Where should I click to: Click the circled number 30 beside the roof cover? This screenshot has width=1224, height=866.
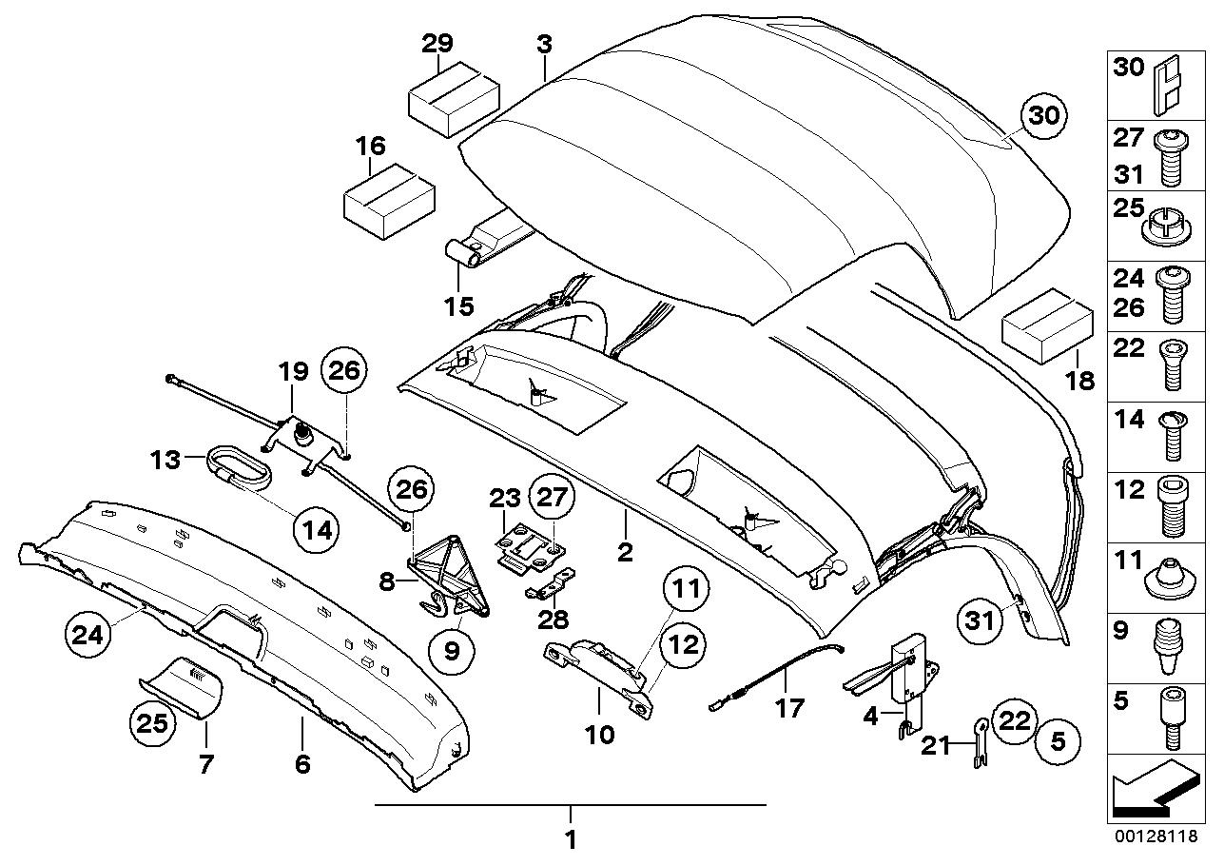pyautogui.click(x=1043, y=116)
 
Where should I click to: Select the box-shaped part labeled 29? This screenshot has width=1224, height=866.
pyautogui.click(x=454, y=100)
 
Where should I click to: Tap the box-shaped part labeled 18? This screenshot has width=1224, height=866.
pyautogui.click(x=1047, y=325)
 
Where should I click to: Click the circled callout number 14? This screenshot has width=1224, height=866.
pyautogui.click(x=317, y=530)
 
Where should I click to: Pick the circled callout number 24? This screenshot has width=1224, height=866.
pyautogui.click(x=87, y=636)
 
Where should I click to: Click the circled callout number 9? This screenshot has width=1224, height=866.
pyautogui.click(x=452, y=651)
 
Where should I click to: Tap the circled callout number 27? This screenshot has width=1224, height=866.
pyautogui.click(x=552, y=498)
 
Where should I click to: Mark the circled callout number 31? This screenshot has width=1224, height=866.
pyautogui.click(x=980, y=621)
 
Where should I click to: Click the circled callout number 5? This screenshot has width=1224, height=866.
pyautogui.click(x=1058, y=742)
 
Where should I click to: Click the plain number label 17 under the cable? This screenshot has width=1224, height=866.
pyautogui.click(x=789, y=709)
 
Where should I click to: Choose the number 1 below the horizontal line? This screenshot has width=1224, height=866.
pyautogui.click(x=570, y=839)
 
